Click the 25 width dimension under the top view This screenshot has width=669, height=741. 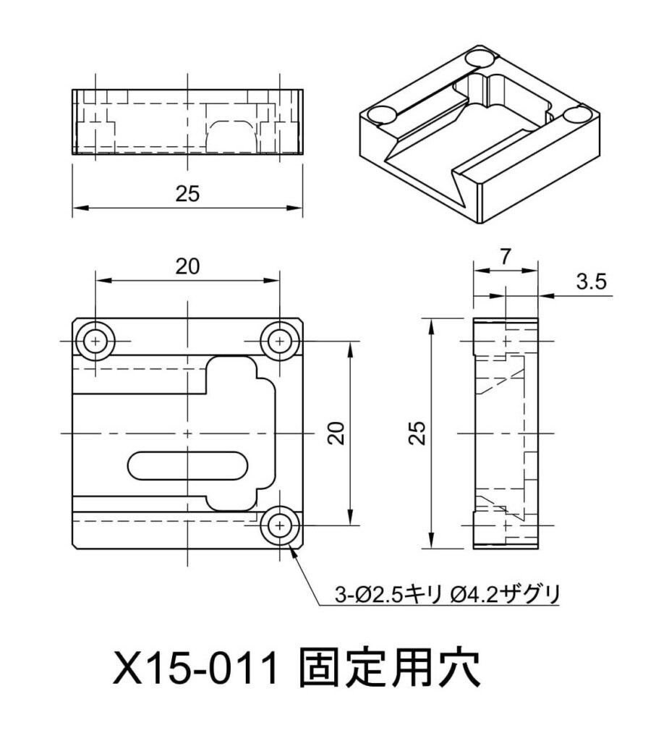[187, 194]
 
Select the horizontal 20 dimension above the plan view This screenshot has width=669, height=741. [187, 267]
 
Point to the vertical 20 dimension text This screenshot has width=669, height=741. [336, 433]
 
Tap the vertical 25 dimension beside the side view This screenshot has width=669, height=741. [417, 433]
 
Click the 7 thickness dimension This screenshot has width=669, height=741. [506, 257]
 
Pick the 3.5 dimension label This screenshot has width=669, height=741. [591, 281]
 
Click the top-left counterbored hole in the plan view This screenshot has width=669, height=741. [96, 341]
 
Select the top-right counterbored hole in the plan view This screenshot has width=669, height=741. [280, 341]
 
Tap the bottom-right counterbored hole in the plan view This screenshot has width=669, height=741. [280, 525]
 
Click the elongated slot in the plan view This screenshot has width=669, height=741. [187, 467]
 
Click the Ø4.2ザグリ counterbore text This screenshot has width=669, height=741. [505, 594]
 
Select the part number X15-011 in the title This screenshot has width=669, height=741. [195, 669]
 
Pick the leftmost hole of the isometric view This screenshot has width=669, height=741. [382, 114]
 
